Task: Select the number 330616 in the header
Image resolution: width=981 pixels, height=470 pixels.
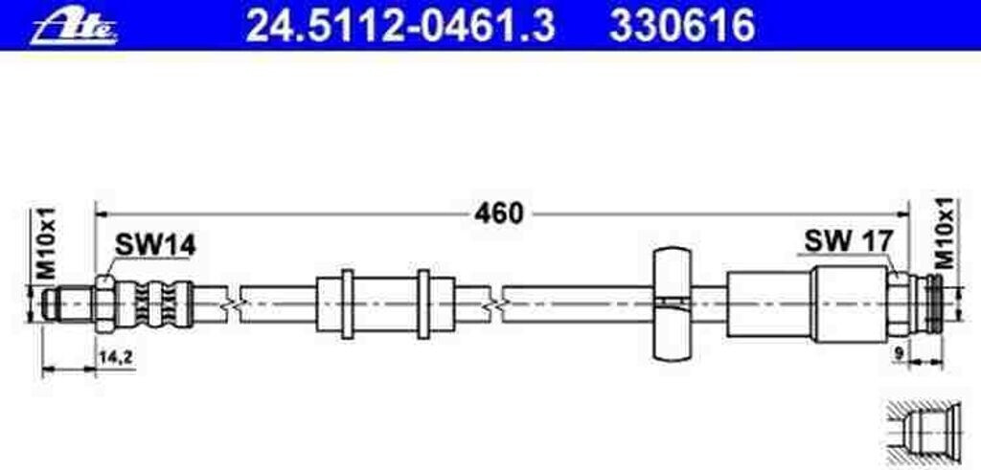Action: (683, 25)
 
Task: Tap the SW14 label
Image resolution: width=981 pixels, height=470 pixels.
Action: (155, 245)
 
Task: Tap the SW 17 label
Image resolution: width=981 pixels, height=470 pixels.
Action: (848, 241)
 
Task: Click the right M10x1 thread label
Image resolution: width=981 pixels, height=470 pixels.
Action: (945, 233)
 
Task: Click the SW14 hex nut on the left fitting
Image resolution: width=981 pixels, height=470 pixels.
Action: (105, 302)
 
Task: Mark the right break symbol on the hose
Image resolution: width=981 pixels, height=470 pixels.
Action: (494, 303)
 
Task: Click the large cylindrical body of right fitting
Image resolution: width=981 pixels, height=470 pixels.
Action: (849, 302)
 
